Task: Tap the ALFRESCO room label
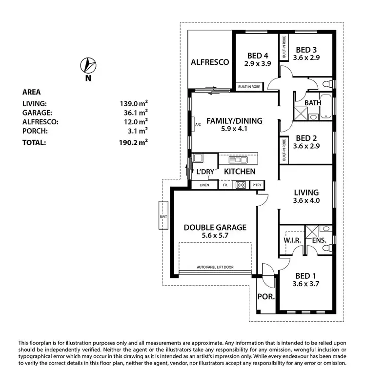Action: pyautogui.click(x=210, y=62)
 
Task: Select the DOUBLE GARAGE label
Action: pyautogui.click(x=215, y=227)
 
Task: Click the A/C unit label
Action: pyautogui.click(x=198, y=125)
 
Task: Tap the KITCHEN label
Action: pyautogui.click(x=240, y=172)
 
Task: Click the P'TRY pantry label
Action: pyautogui.click(x=256, y=185)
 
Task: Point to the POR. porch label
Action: pyautogui.click(x=265, y=296)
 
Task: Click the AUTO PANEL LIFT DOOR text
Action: pyautogui.click(x=218, y=268)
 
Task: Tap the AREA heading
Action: pyautogui.click(x=31, y=92)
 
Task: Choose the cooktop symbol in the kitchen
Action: pyautogui.click(x=241, y=185)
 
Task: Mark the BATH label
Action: pyautogui.click(x=312, y=103)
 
